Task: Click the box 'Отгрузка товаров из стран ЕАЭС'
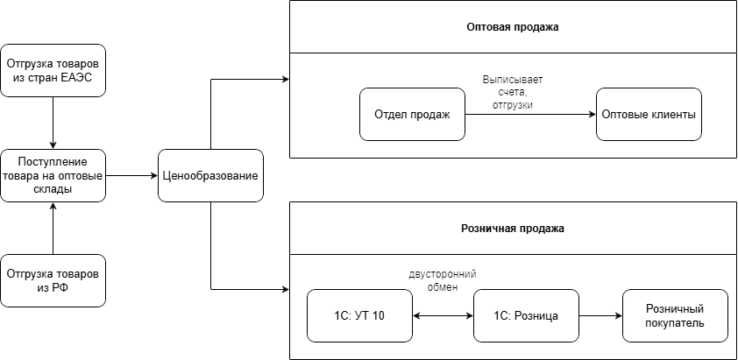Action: point(53,70)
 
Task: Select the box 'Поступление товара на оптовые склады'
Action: point(53,175)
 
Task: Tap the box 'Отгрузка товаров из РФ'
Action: point(53,280)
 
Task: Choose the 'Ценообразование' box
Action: point(210,175)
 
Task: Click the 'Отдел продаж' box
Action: point(412,114)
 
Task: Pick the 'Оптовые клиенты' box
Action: point(649,114)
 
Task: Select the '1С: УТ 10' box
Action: point(359,315)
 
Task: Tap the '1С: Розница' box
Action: point(526,315)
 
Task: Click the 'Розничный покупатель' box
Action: point(675,315)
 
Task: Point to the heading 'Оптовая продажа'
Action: point(513,27)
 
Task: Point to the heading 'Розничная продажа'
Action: point(513,229)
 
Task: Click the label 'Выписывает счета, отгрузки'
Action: point(513,92)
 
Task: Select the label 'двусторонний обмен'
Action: point(443,280)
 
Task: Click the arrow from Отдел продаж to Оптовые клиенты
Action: point(530,114)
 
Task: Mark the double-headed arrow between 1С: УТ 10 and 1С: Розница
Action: point(443,315)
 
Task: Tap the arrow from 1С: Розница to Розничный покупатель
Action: point(600,315)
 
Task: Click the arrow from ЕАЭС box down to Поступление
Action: point(53,123)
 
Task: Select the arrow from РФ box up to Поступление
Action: point(53,228)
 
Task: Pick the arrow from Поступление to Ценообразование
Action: point(131,175)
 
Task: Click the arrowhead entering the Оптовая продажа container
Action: point(285,80)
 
